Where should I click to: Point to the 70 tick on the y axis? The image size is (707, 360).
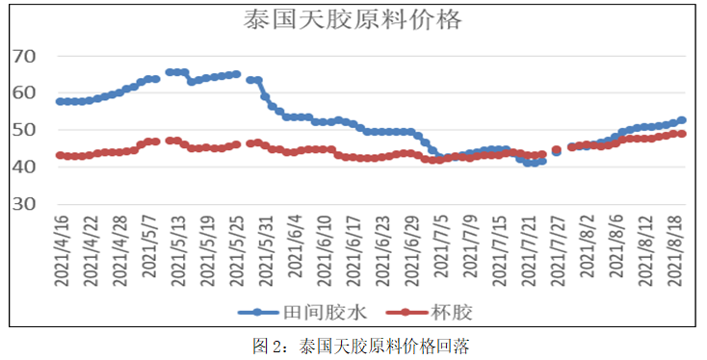[24, 57]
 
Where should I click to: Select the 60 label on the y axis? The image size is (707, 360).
[24, 93]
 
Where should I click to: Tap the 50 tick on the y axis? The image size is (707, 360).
[24, 130]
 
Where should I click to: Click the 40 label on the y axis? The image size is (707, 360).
[24, 167]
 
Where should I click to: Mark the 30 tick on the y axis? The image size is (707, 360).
[24, 204]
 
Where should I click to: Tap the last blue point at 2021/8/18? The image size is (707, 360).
[681, 120]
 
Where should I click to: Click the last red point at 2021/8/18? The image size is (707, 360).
[681, 134]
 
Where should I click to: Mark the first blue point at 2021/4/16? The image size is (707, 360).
[60, 101]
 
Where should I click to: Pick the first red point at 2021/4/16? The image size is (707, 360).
[60, 155]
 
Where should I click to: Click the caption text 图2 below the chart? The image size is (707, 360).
[267, 345]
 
